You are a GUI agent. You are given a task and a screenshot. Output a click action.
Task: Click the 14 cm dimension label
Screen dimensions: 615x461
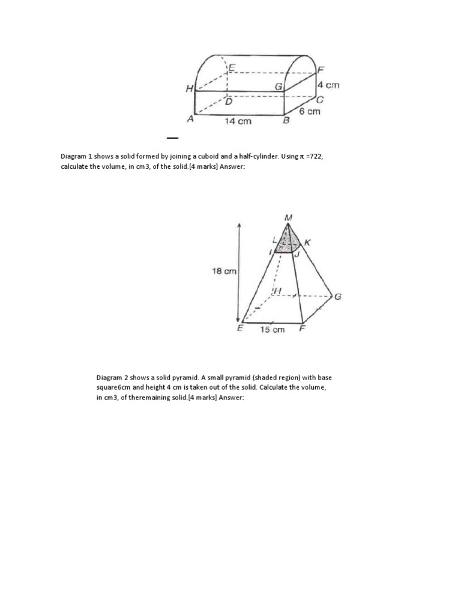pyautogui.click(x=238, y=121)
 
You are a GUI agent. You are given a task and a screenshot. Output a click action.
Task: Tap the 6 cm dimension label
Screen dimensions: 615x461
pyautogui.click(x=310, y=111)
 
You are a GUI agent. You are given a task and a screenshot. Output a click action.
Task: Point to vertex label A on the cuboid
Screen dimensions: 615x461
pyautogui.click(x=190, y=120)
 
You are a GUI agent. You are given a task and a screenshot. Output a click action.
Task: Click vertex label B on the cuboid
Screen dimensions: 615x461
pyautogui.click(x=286, y=121)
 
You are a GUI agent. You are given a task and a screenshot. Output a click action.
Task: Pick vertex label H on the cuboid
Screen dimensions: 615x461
pyautogui.click(x=189, y=89)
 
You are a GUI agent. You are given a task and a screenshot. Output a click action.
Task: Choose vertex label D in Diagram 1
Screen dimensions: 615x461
pyautogui.click(x=228, y=102)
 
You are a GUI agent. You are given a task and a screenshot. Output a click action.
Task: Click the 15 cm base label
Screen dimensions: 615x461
pyautogui.click(x=272, y=330)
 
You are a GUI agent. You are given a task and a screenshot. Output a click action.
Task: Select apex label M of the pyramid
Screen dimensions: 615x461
pyautogui.click(x=289, y=217)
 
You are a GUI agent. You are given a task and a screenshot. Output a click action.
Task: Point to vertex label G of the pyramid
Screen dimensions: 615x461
pyautogui.click(x=338, y=297)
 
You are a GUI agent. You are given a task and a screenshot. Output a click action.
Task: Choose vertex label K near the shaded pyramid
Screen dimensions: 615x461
pyautogui.click(x=308, y=242)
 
